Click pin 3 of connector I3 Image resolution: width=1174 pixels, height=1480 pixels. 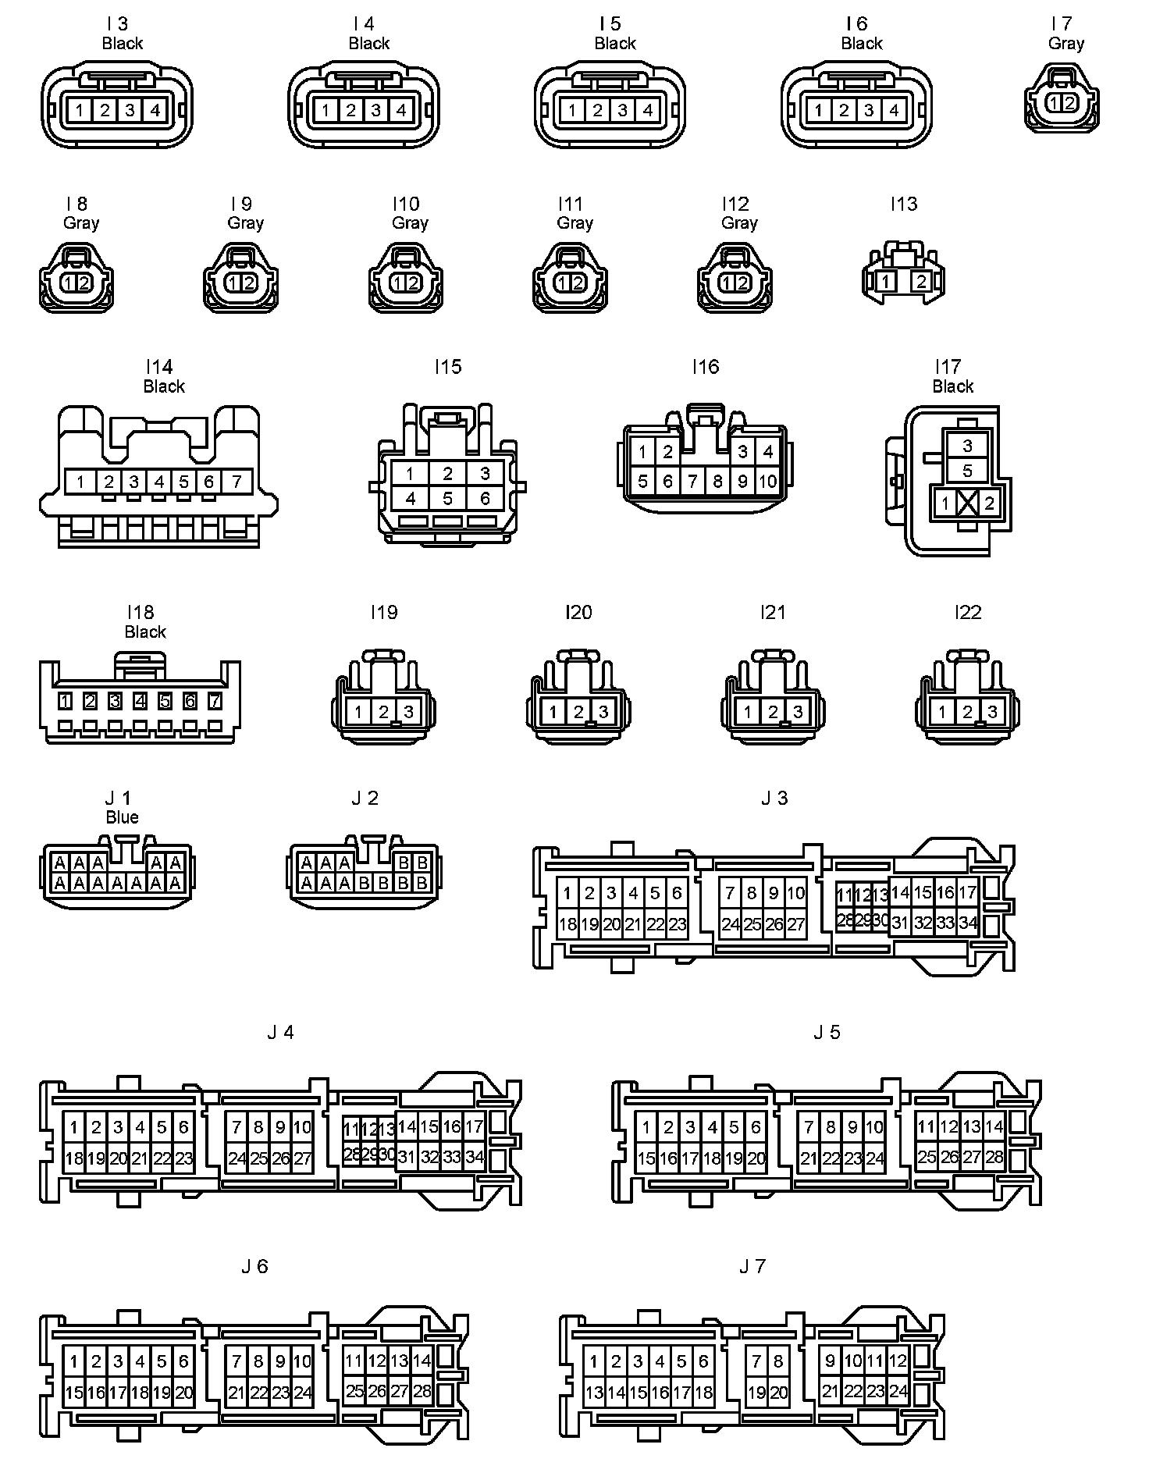pyautogui.click(x=130, y=110)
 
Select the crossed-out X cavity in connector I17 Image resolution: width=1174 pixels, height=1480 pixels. pyautogui.click(x=967, y=503)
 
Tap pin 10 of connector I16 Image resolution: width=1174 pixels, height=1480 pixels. pyautogui.click(x=768, y=482)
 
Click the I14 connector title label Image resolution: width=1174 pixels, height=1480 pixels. pyautogui.click(x=159, y=367)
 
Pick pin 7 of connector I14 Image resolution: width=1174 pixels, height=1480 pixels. pyautogui.click(x=236, y=482)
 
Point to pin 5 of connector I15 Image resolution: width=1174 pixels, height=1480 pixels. pyautogui.click(x=447, y=498)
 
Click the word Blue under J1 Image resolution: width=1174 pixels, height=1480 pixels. pyautogui.click(x=122, y=817)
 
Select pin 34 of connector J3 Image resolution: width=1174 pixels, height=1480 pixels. pyautogui.click(x=968, y=923)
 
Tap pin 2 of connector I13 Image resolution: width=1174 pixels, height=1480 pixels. pyautogui.click(x=922, y=282)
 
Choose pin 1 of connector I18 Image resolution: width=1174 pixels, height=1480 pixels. pyautogui.click(x=66, y=702)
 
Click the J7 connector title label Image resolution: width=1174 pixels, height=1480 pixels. pyautogui.click(x=752, y=1267)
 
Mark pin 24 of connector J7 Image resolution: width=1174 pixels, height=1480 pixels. pyautogui.click(x=898, y=1391)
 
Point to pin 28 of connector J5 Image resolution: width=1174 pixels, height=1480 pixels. pyautogui.click(x=994, y=1157)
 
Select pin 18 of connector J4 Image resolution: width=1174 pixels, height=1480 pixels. pyautogui.click(x=73, y=1158)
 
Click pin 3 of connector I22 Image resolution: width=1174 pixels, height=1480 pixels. pyautogui.click(x=992, y=712)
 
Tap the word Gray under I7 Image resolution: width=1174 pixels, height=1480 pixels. pyautogui.click(x=1066, y=44)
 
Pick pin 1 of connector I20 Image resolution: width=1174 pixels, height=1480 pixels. pyautogui.click(x=553, y=712)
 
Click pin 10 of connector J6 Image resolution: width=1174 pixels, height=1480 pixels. pyautogui.click(x=302, y=1361)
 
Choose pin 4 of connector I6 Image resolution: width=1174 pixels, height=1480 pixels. pyautogui.click(x=894, y=110)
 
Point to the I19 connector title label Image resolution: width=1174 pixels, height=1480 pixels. pyautogui.click(x=384, y=613)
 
